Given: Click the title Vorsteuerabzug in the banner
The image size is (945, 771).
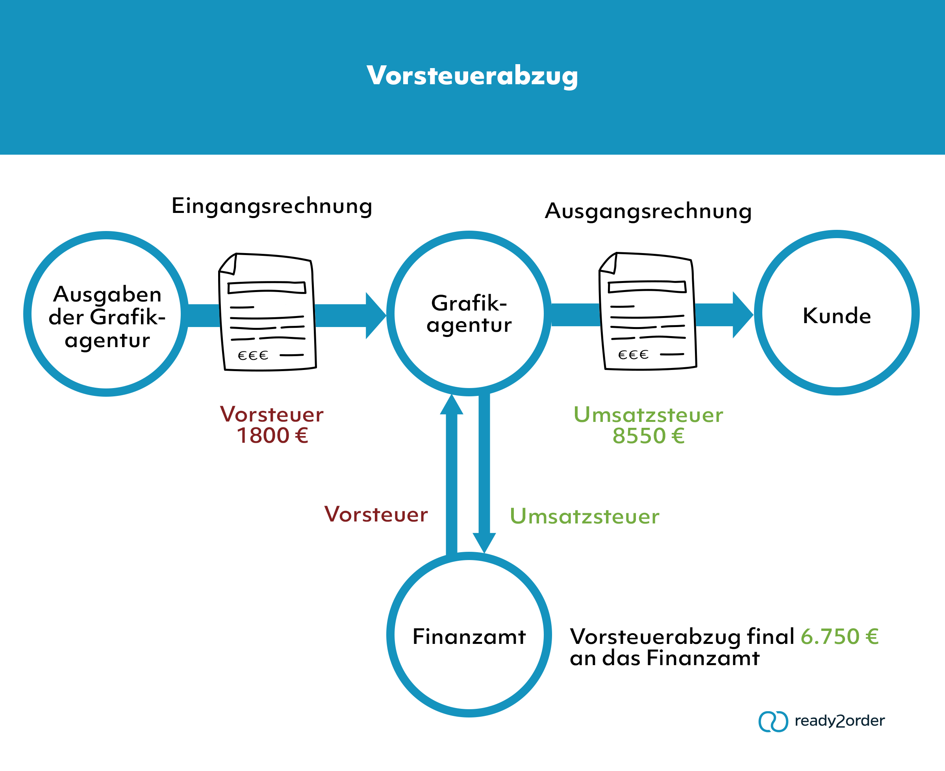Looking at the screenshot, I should (x=472, y=76).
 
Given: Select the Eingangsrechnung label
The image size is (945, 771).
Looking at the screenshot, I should (x=272, y=206).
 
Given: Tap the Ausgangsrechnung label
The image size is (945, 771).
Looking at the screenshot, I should (x=648, y=211).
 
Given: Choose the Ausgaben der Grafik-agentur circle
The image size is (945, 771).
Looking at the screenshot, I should (x=106, y=314).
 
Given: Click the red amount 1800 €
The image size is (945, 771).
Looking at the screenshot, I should (x=272, y=436).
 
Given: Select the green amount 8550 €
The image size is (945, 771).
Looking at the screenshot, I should (x=648, y=436).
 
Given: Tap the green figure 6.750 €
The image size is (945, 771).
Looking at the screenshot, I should (x=839, y=636).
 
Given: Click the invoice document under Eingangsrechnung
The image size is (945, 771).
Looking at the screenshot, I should (x=268, y=312).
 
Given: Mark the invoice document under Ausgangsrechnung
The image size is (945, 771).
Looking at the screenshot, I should (x=648, y=311).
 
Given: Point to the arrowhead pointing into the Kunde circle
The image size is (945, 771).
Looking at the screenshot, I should (x=741, y=315).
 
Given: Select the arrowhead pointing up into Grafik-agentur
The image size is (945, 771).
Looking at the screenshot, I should (x=451, y=405).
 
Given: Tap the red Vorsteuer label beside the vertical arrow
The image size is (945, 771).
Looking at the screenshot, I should (x=376, y=514).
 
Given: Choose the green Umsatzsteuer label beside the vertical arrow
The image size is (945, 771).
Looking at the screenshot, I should (x=584, y=516).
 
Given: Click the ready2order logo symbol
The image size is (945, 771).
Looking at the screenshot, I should (x=773, y=722).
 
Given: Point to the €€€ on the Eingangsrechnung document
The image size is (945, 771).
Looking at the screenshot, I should (x=253, y=356).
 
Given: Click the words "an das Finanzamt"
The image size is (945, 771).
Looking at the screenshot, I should (x=665, y=658).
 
